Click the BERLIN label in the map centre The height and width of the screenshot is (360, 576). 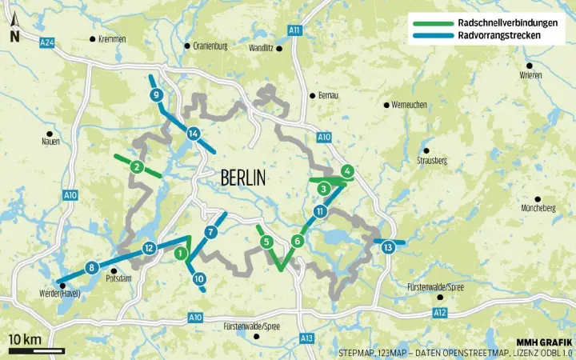click(242, 177)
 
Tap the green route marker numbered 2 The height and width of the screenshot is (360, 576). click(138, 166)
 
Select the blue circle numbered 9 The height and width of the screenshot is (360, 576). click(156, 96)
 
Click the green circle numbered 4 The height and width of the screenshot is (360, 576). click(346, 170)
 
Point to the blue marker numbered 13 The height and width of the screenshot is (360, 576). click(388, 247)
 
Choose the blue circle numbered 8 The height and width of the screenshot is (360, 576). click(92, 267)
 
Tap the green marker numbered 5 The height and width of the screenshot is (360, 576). click(267, 242)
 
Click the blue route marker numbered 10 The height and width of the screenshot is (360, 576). click(199, 279)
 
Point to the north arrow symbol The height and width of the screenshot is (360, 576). click(14, 32)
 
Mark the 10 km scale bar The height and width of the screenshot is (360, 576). click(37, 350)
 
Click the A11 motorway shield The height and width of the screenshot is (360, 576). click(295, 30)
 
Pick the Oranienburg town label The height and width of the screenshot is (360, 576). click(210, 46)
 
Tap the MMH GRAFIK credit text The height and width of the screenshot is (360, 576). click(543, 341)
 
